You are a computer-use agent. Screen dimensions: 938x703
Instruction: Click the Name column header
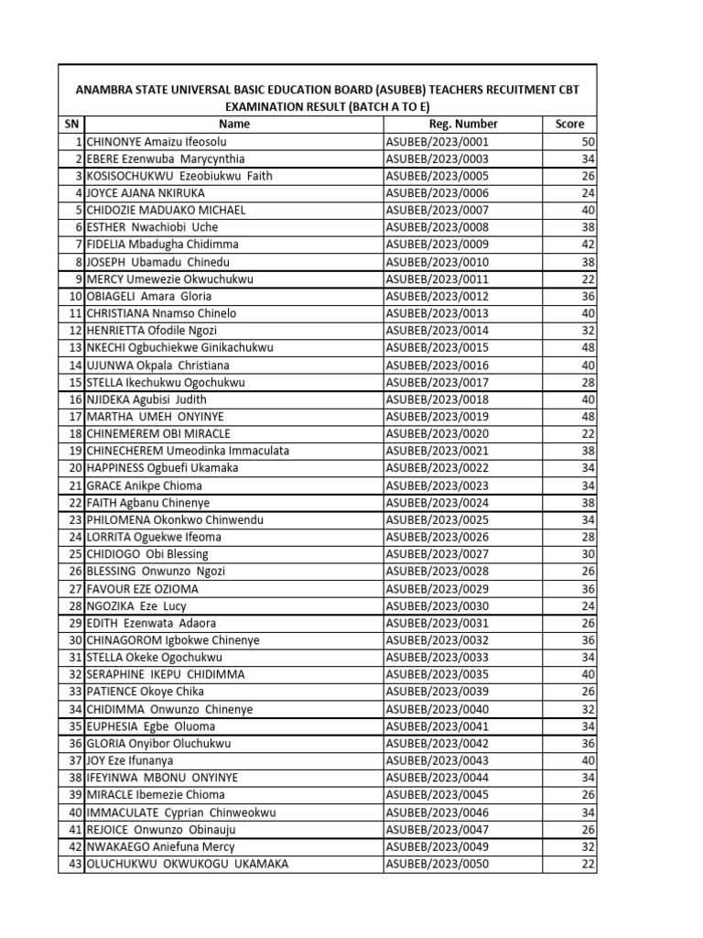[x=234, y=124]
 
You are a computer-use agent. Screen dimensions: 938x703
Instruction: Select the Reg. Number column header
[x=463, y=124]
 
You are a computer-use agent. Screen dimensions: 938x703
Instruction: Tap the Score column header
[x=569, y=124]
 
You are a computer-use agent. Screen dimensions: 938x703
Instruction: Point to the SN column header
[x=71, y=124]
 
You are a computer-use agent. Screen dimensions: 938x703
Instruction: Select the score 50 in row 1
[x=588, y=141]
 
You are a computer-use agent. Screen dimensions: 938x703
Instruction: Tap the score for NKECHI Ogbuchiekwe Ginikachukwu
[x=588, y=348]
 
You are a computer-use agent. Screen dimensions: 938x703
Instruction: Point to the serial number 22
[x=75, y=503]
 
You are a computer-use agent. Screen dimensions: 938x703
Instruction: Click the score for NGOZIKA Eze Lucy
[x=588, y=606]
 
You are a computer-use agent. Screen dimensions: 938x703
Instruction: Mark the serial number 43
[x=75, y=865]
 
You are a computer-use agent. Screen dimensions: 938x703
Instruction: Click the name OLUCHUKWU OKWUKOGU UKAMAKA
[x=187, y=865]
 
